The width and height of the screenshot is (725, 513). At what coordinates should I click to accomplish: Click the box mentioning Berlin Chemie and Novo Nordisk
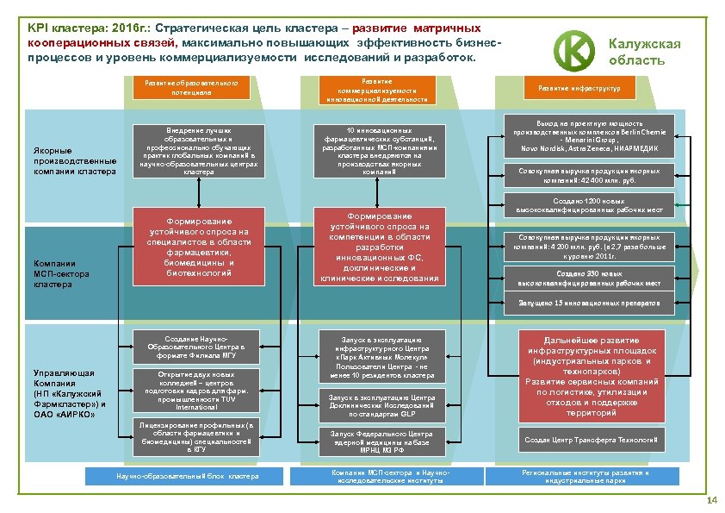(x=585, y=136)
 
